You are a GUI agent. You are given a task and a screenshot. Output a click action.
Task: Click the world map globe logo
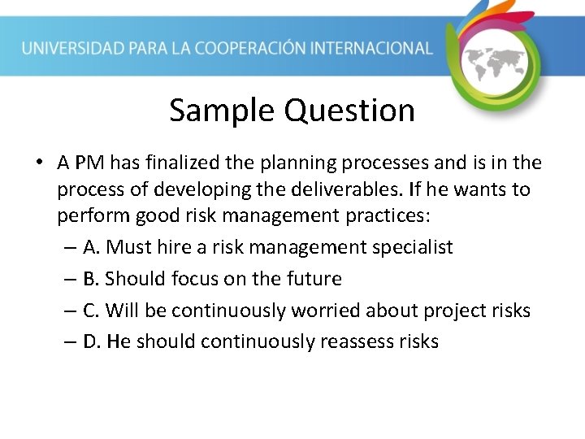pos(495,62)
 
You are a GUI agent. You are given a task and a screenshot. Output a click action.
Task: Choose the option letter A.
pos(90,247)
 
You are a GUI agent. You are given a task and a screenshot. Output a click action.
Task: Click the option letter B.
pos(90,279)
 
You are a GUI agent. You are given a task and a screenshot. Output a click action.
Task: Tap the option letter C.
pos(90,311)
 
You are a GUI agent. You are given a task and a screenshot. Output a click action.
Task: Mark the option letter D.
pos(91,341)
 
